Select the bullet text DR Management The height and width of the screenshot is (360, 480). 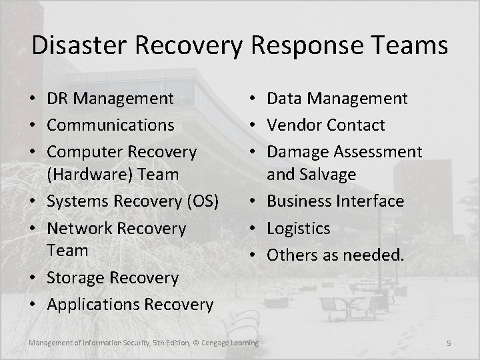point(111,99)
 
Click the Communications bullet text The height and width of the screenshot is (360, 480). point(111,125)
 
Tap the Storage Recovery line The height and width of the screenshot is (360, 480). point(113,277)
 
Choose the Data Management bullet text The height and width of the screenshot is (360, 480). point(337,99)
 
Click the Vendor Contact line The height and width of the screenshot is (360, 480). point(326,125)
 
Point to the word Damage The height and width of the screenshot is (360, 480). point(297,152)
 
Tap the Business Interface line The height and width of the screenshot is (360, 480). point(335,201)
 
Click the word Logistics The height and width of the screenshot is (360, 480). point(299,228)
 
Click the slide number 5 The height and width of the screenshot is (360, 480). point(449,343)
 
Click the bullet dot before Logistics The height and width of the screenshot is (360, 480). point(257,229)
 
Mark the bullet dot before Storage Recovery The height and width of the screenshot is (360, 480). point(37,278)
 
